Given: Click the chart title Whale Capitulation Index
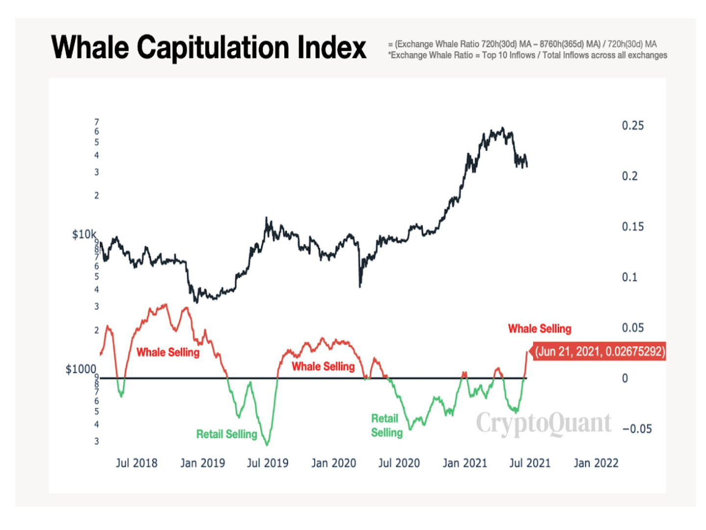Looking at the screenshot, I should (x=208, y=48).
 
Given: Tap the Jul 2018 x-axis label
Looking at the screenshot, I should (x=136, y=463).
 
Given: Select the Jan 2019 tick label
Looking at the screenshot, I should (x=202, y=463).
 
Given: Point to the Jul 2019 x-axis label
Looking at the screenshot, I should (x=268, y=463).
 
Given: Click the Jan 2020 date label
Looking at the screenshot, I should (x=333, y=463).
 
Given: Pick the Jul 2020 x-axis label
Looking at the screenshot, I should (x=399, y=463).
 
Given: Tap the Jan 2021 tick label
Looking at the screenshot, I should (x=465, y=463).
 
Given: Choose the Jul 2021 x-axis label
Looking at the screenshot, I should (x=530, y=463).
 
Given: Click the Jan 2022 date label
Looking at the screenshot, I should (x=596, y=463).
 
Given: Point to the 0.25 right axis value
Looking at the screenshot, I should (x=632, y=126).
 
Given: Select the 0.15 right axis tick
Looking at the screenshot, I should (x=632, y=227).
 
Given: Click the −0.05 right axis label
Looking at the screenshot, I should (x=637, y=429).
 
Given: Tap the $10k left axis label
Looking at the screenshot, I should (x=84, y=235).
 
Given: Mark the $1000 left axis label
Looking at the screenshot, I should (x=81, y=369).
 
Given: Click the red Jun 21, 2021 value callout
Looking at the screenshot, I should (x=600, y=351).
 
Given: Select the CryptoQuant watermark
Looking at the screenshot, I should (x=544, y=423).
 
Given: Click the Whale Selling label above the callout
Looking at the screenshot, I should (x=539, y=329).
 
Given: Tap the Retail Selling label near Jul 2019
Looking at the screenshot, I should (x=227, y=434).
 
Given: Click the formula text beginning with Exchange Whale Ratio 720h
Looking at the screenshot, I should (x=525, y=44).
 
